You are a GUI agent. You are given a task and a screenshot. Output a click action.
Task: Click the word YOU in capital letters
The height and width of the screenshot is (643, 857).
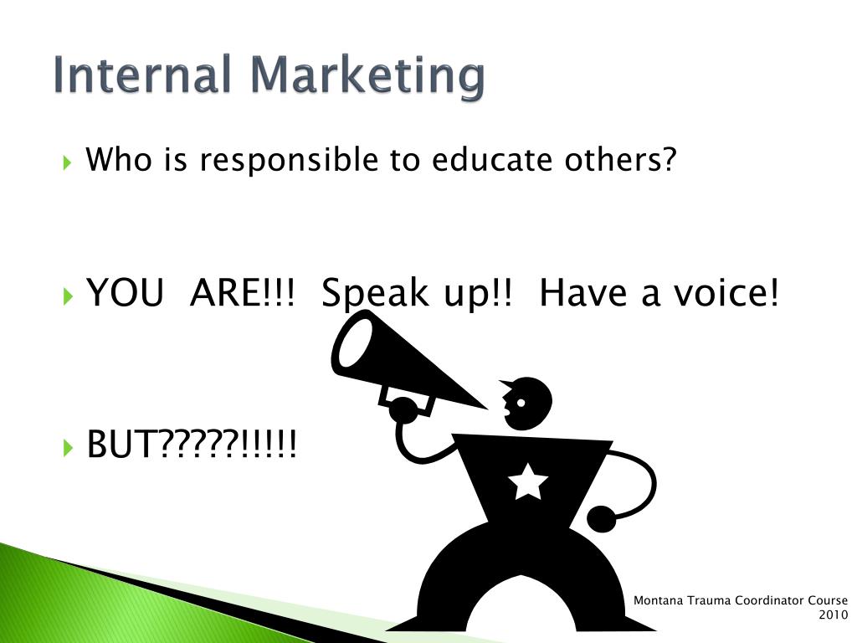[x=126, y=292]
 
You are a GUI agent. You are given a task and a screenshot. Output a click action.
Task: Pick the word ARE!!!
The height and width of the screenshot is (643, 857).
[x=242, y=292]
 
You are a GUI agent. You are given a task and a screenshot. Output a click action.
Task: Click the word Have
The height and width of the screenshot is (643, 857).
[x=582, y=292]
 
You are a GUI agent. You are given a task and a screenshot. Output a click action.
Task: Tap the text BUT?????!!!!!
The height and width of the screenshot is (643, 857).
[x=192, y=444]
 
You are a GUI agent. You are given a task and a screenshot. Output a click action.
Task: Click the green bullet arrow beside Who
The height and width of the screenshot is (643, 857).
[x=68, y=162]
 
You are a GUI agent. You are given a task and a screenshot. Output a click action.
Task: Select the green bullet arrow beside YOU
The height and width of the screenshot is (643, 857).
[x=68, y=296]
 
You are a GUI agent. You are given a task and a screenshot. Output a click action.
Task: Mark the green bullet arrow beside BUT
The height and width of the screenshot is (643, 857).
[x=68, y=447]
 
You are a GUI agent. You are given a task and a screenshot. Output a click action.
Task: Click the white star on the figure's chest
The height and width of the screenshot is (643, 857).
[x=528, y=481]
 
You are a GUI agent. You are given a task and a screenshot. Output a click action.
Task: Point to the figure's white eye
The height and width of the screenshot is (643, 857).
[x=521, y=403]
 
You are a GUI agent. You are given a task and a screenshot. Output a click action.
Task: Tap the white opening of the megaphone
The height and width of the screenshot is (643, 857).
[x=355, y=342]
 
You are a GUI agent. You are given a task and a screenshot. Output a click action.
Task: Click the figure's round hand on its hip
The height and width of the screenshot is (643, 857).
[x=601, y=518]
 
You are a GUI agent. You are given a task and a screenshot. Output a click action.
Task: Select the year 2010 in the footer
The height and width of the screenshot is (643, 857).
[x=833, y=615]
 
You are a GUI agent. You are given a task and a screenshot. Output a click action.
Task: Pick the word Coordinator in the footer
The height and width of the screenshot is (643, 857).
[x=769, y=600]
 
